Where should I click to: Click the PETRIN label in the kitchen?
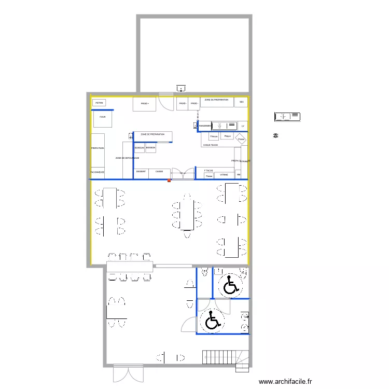pyautogui.click(x=99, y=103)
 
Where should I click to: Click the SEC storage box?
pyautogui.click(x=241, y=102)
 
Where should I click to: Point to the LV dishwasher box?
pyautogui.click(x=242, y=126)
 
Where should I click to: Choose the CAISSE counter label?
pyautogui.click(x=159, y=172)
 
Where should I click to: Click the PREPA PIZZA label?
pyautogui.click(x=98, y=149)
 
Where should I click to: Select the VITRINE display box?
pyautogui.click(x=224, y=175)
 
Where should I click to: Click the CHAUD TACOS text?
pyautogui.click(x=210, y=145)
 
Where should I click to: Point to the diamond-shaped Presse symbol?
pyautogui.click(x=241, y=139)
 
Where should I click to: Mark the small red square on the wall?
pyautogui.click(x=169, y=180)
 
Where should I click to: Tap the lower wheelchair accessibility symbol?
pyautogui.click(x=212, y=321)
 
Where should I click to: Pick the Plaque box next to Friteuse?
pyautogui.click(x=227, y=136)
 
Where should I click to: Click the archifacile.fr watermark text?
pyautogui.click(x=285, y=381)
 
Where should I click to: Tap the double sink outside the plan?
pyautogui.click(x=287, y=117)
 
